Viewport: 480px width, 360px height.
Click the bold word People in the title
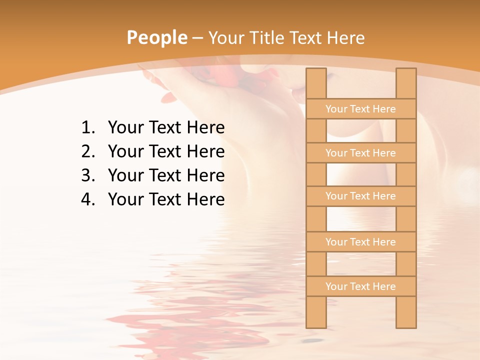[157, 37]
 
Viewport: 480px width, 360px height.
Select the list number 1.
[87, 128]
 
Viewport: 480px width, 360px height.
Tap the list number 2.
[87, 151]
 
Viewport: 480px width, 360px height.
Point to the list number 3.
[87, 175]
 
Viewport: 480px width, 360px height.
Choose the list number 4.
[87, 199]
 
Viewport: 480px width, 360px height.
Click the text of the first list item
[166, 128]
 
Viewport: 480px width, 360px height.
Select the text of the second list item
[166, 151]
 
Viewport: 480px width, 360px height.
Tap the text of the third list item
[166, 175]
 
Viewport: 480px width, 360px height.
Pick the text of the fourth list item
[166, 199]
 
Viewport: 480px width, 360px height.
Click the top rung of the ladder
[361, 109]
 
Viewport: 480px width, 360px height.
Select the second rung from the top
[361, 153]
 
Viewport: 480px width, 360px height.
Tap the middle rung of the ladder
[361, 196]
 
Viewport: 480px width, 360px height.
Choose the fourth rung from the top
[361, 242]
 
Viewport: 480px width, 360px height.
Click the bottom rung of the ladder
[361, 286]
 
